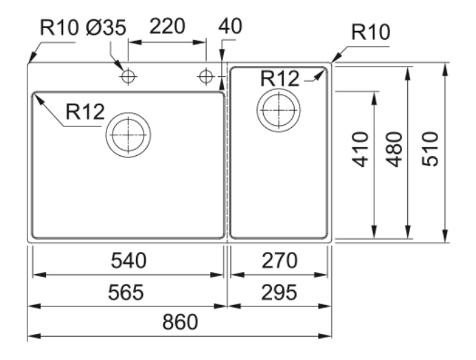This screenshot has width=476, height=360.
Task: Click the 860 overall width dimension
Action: [x=180, y=322]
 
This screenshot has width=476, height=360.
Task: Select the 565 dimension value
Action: [x=126, y=293]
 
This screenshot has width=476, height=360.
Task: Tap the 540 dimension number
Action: [x=128, y=261]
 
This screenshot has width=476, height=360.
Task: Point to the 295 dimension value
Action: [x=280, y=293]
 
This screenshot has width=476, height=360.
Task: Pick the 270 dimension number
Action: [x=280, y=261]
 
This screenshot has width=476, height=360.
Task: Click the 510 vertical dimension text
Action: [x=431, y=149]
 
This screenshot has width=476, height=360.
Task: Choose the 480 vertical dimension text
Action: [x=394, y=149]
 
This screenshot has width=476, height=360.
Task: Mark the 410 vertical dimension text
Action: [x=361, y=149]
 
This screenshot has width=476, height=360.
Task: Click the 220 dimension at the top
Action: [x=168, y=26]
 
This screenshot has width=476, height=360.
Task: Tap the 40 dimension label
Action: [x=230, y=26]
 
